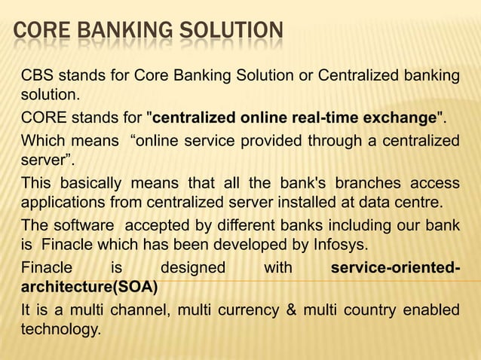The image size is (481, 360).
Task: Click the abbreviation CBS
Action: tap(38, 77)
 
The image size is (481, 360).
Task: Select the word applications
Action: tap(60, 203)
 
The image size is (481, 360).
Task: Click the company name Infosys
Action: tap(342, 244)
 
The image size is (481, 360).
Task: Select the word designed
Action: tap(193, 267)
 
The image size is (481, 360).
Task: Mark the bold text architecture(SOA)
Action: tap(90, 286)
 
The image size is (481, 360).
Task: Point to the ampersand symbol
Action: tap(286, 309)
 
